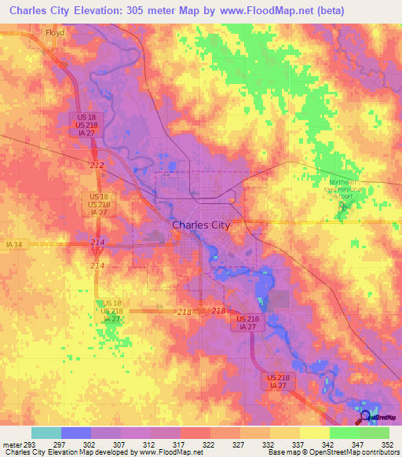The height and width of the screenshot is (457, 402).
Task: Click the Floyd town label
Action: click(55, 34)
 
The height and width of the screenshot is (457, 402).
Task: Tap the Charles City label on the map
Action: click(200, 225)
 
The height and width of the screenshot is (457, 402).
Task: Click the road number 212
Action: click(97, 165)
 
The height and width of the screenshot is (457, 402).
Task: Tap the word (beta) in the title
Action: click(370, 12)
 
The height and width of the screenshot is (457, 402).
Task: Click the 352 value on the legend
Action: click(388, 444)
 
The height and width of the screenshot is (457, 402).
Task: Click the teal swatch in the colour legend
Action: click(46, 433)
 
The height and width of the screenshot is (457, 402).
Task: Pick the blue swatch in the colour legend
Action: click(76, 433)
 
